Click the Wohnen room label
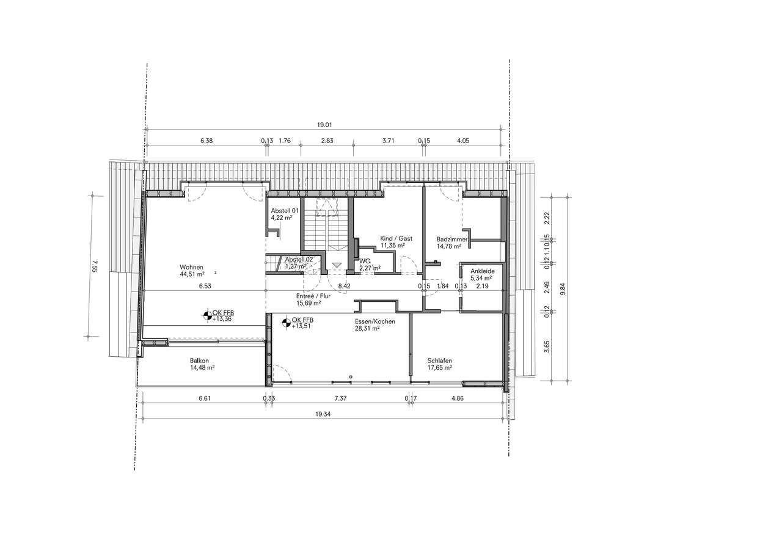191,267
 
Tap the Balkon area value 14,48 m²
202,368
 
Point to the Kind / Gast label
396,238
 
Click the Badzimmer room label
451,240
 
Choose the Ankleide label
482,270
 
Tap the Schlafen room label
440,361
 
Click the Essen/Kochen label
375,321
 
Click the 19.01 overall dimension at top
324,125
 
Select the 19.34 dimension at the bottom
323,414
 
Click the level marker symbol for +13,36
208,316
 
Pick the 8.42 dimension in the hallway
344,285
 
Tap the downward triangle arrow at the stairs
337,265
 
